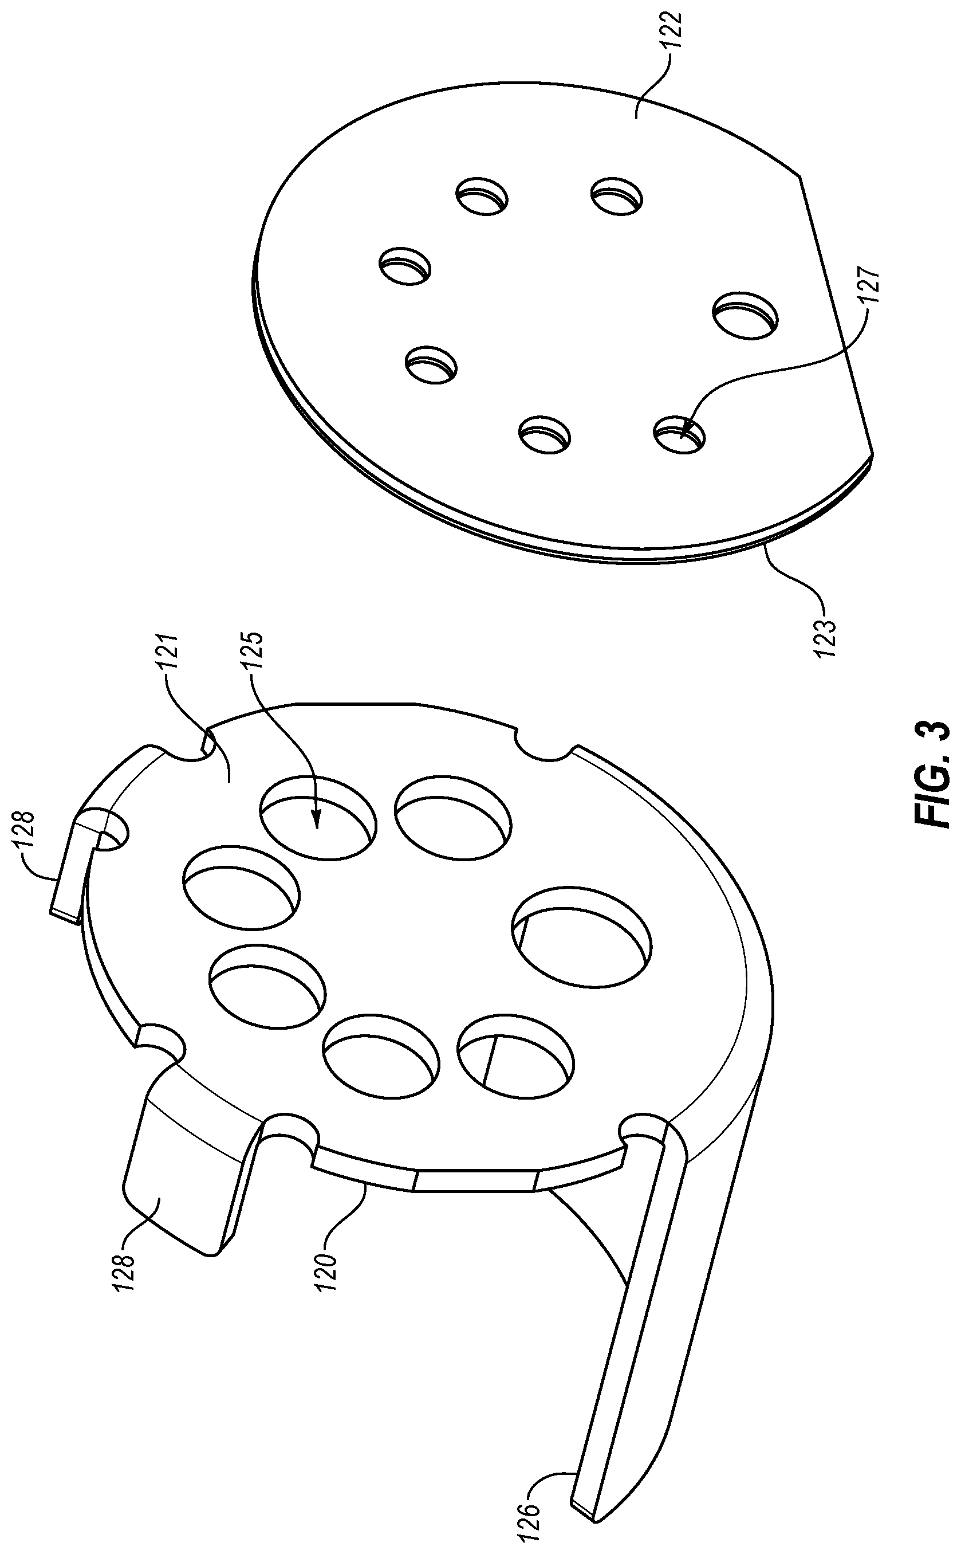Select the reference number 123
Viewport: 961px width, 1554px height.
click(x=828, y=626)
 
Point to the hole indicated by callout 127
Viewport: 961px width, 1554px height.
click(x=679, y=435)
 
